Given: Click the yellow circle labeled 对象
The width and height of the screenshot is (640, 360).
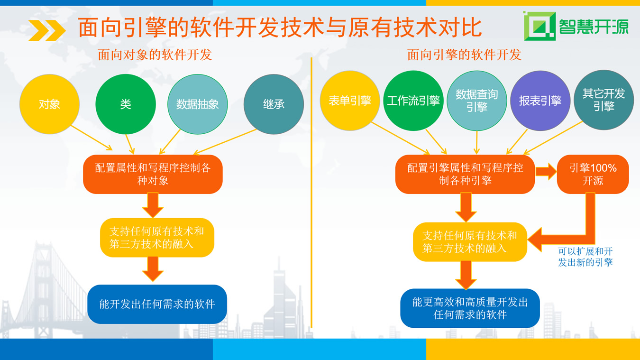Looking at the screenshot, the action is click(49, 104).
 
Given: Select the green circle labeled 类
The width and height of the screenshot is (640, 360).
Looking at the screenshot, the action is click(126, 104).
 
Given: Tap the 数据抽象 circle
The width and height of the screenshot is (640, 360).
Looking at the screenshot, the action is click(197, 104).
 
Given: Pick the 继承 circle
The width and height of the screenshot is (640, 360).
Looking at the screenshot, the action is click(274, 104).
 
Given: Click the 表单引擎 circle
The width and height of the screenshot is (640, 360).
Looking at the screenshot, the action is click(350, 101).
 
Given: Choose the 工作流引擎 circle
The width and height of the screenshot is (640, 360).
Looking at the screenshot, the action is click(413, 101).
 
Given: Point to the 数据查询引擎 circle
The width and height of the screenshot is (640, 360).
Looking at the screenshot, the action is click(476, 101).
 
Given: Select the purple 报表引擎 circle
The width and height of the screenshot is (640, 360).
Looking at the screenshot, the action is click(540, 101).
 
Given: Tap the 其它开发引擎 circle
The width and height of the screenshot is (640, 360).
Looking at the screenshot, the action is click(603, 100).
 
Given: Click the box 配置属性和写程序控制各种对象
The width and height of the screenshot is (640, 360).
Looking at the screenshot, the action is click(153, 174).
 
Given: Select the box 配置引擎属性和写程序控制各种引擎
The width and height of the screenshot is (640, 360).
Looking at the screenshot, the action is click(465, 174).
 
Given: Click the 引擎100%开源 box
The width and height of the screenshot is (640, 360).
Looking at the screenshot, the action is click(593, 174).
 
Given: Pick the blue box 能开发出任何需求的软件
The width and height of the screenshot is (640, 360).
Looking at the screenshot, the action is click(157, 304).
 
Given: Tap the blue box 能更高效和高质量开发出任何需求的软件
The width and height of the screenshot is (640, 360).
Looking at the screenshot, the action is click(470, 308).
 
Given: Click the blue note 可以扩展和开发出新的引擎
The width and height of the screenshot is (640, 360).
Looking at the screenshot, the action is click(585, 257).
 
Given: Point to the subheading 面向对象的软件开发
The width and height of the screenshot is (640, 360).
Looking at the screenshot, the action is click(155, 55).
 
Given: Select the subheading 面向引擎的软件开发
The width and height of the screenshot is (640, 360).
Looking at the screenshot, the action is click(464, 55).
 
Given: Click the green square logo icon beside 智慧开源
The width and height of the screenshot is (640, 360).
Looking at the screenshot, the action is click(539, 26).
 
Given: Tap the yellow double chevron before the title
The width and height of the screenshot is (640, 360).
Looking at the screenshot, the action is click(47, 30).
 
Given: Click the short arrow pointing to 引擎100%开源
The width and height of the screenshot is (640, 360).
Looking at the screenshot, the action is click(546, 172).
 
